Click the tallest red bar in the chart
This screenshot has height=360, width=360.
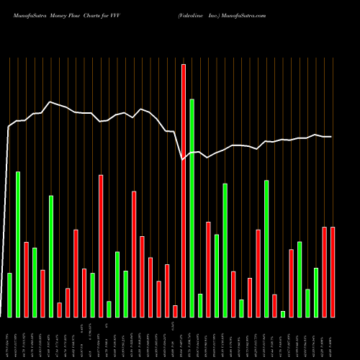183,190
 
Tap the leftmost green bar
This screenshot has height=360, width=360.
9,294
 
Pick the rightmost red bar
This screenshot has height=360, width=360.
333,271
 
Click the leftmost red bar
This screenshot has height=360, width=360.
26,279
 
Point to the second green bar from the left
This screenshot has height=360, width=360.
18,244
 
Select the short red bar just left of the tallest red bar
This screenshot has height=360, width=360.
175,311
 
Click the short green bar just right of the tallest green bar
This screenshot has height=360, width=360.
200,305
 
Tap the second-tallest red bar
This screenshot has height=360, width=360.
101,246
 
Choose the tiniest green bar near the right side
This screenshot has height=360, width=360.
283,313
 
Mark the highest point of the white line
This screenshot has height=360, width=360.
50,102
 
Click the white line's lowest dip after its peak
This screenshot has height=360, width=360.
183,159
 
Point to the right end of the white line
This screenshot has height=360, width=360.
331,137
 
